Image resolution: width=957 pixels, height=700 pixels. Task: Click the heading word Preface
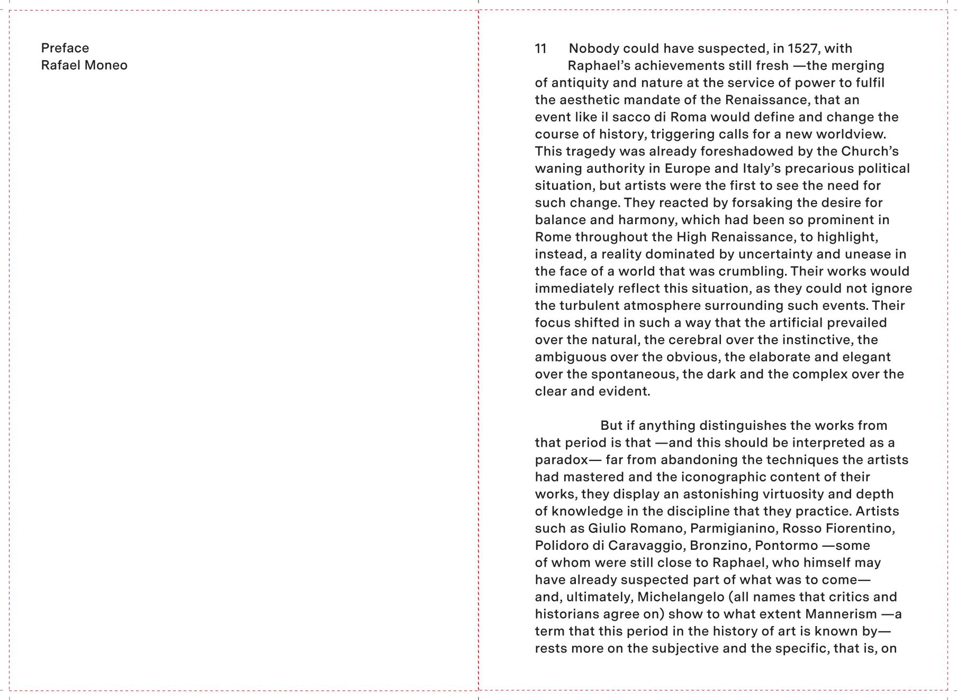coord(65,48)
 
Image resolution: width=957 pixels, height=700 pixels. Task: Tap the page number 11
coord(540,49)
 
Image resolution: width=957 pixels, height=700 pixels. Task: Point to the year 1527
coord(802,49)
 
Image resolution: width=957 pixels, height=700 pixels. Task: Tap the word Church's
coord(870,151)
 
